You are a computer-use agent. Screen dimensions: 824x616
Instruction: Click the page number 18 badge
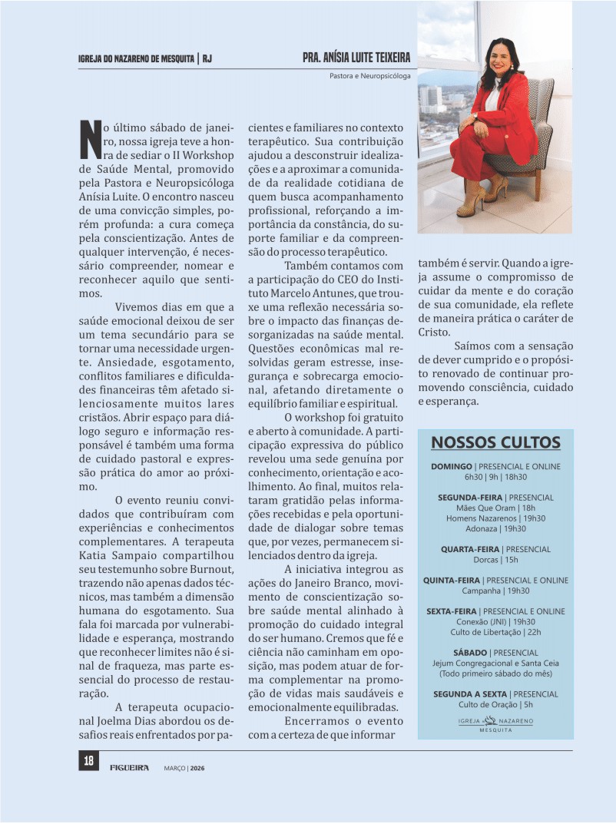[x=88, y=761]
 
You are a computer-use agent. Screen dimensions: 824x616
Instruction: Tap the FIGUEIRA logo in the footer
[x=129, y=766]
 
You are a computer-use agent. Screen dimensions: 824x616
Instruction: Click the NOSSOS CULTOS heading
[x=495, y=443]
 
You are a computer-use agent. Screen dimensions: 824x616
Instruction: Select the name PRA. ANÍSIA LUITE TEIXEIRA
[x=356, y=58]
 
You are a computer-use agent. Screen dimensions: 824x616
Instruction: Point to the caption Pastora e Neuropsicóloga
[x=369, y=76]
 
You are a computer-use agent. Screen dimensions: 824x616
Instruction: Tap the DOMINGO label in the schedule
[x=452, y=466]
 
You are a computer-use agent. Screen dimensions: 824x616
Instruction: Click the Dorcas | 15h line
[x=495, y=560]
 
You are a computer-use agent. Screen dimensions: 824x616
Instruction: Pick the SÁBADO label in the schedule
[x=470, y=653]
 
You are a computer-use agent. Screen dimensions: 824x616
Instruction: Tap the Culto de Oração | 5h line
[x=495, y=704]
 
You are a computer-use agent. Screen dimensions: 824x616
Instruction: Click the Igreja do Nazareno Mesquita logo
[x=495, y=724]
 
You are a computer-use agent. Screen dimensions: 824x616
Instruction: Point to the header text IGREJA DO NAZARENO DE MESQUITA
[x=136, y=58]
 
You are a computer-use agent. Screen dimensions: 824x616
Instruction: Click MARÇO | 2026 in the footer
[x=184, y=767]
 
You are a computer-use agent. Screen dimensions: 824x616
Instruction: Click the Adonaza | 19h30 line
[x=495, y=528]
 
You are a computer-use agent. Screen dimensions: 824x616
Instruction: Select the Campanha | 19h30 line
[x=495, y=591]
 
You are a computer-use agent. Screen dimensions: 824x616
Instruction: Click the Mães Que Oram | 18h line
[x=495, y=508]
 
